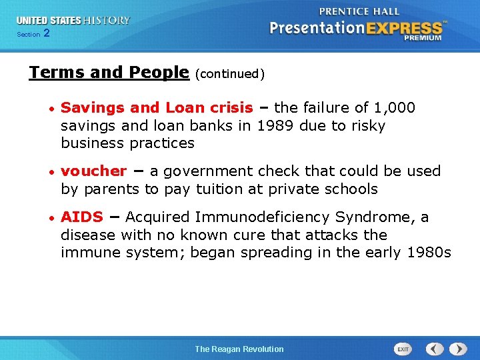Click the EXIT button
[403, 349]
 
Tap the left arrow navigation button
[435, 349]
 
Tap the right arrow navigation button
[458, 349]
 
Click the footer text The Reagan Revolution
[239, 349]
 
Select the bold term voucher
[93, 171]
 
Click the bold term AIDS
[82, 217]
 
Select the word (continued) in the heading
[230, 74]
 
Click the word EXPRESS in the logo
[403, 28]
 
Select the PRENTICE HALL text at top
[359, 11]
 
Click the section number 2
[46, 33]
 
